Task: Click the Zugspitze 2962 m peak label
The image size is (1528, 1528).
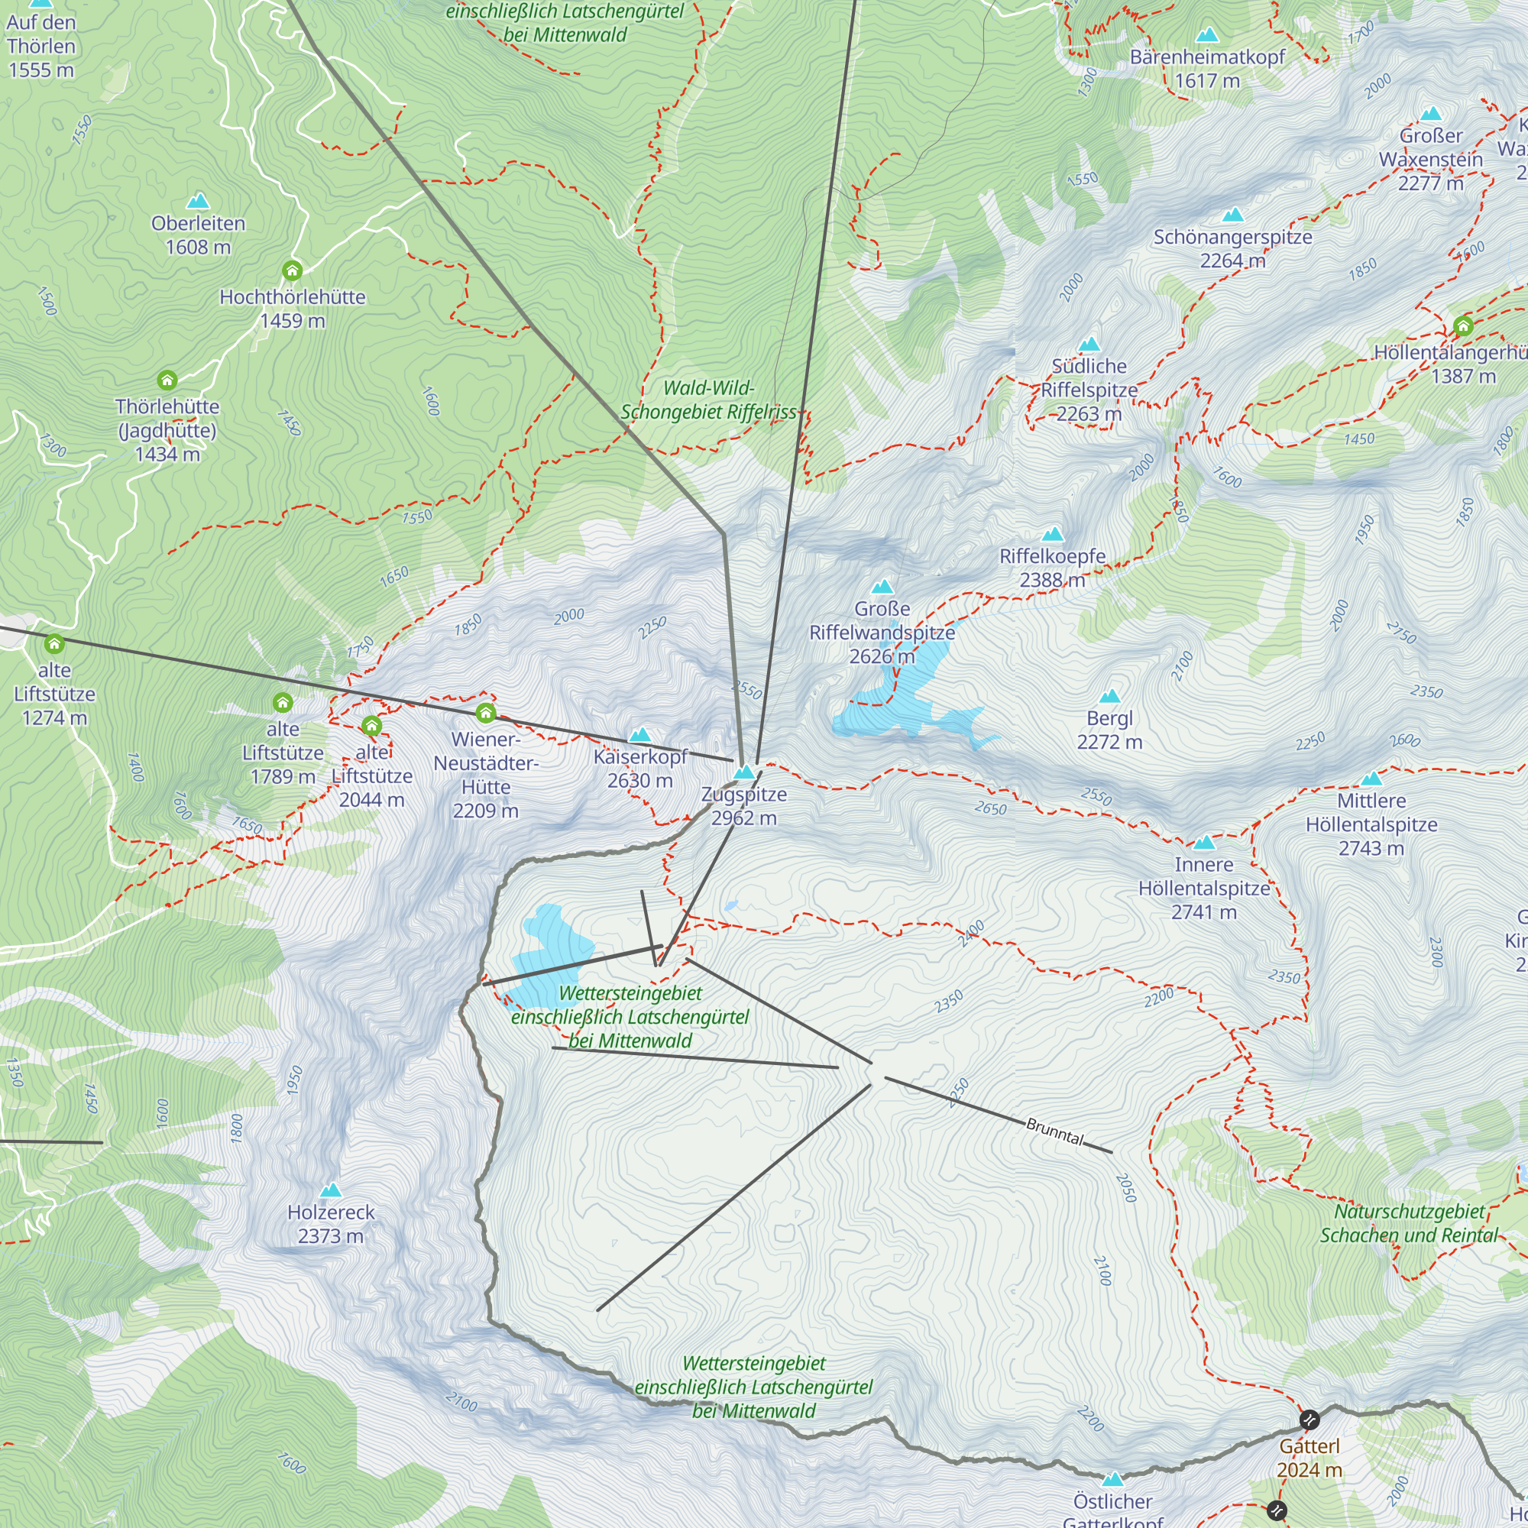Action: pos(743,806)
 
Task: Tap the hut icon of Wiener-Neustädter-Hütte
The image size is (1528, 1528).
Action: pos(486,714)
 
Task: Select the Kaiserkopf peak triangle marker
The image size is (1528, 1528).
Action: pos(639,736)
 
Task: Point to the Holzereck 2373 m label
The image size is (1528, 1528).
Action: pos(331,1223)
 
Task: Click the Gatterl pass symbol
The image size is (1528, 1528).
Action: pos(1309,1420)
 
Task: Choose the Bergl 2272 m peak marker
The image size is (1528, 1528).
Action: pos(1109,697)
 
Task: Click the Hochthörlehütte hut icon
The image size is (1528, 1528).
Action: pos(292,271)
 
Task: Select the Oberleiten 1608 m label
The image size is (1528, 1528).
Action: pos(198,235)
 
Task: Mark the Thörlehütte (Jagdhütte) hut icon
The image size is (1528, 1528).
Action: pos(167,380)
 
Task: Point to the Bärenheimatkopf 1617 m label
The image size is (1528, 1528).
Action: pos(1207,69)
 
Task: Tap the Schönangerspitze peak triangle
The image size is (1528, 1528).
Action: pos(1232,215)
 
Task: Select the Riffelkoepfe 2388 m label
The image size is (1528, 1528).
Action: pos(1052,568)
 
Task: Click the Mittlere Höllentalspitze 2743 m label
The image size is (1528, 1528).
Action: pos(1371,824)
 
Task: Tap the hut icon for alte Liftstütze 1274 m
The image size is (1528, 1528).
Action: pos(53,643)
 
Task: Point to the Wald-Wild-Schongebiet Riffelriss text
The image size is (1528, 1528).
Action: pos(709,400)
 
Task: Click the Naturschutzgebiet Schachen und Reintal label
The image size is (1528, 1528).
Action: pos(1409,1222)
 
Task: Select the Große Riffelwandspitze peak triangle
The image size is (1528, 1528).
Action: pos(882,587)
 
